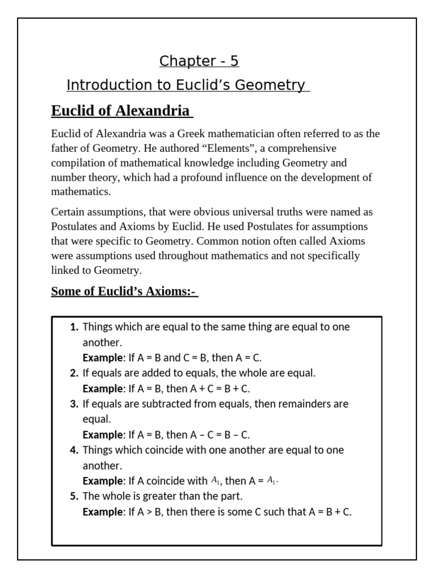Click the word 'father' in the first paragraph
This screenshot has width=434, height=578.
(64, 148)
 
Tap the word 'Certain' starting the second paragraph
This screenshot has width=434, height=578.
(68, 212)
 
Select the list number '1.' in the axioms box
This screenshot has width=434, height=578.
(74, 327)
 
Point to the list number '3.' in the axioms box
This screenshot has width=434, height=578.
(74, 404)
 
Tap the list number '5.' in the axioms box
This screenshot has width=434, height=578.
(74, 497)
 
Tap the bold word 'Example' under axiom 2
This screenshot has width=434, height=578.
(102, 389)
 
